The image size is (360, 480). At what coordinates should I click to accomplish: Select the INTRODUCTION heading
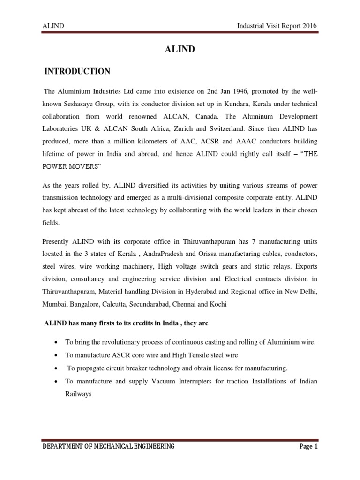pos(77,71)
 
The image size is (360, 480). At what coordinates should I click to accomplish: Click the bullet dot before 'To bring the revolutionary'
pos(56,343)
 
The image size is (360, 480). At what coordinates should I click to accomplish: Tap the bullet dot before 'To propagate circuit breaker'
pos(56,368)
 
